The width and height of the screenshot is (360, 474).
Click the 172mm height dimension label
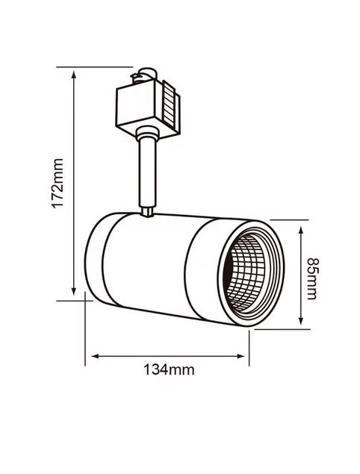(58, 183)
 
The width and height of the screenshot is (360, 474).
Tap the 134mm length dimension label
(169, 369)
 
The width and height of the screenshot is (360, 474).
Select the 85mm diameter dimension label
(312, 278)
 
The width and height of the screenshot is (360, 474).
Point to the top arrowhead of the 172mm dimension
(73, 75)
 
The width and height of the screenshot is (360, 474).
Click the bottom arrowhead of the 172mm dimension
(73, 291)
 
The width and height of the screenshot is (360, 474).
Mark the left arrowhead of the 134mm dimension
(95, 356)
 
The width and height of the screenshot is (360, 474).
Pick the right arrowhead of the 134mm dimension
(240, 356)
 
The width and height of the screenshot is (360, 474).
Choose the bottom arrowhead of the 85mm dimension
(300, 320)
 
